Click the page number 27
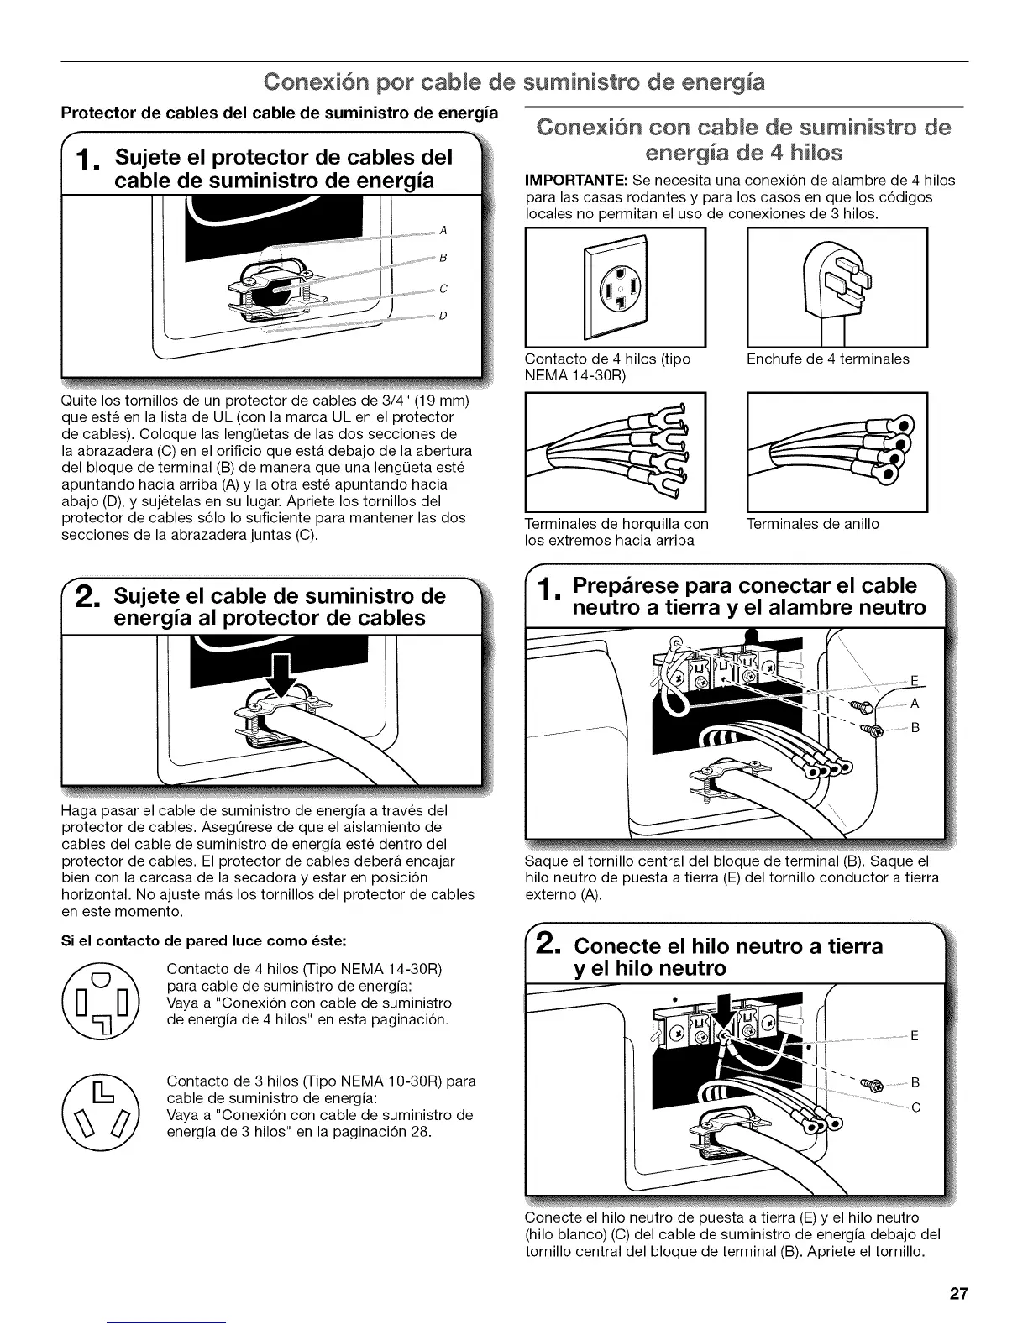pos(958,1293)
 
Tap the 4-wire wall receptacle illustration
pos(615,286)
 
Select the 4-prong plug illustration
pos(837,286)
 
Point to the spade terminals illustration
pos(615,450)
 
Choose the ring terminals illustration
pos(837,450)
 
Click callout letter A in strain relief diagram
pos(443,230)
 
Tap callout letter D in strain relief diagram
pos(443,316)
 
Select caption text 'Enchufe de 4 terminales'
pos(827,359)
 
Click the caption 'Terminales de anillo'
pos(812,524)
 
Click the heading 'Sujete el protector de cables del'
pos(283,157)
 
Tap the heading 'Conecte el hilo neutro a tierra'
pos(727,946)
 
